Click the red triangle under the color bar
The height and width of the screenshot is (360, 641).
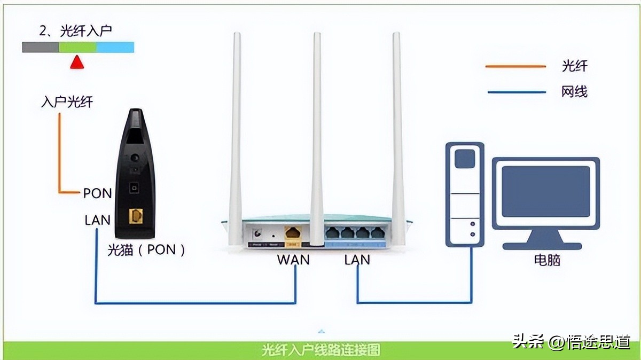click(77, 62)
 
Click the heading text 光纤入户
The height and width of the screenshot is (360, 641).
click(86, 31)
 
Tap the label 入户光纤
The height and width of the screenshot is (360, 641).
click(67, 101)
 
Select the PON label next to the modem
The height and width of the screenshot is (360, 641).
click(97, 193)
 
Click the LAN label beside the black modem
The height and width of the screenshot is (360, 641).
click(97, 220)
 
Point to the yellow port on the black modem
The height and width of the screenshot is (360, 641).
click(136, 216)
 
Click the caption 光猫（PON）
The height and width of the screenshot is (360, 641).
click(146, 249)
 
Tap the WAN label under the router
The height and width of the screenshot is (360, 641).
click(293, 260)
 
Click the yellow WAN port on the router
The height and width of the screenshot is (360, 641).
click(293, 233)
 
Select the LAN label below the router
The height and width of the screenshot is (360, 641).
click(357, 260)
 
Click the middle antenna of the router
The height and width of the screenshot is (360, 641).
click(317, 134)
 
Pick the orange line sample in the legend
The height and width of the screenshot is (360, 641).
click(515, 66)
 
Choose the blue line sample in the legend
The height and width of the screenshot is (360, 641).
click(515, 92)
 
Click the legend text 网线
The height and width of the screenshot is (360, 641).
click(574, 92)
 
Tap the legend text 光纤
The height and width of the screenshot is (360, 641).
click(574, 66)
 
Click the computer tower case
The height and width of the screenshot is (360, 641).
click(465, 195)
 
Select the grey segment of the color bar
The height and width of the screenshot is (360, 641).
click(40, 48)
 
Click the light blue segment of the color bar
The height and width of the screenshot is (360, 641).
click(115, 48)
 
